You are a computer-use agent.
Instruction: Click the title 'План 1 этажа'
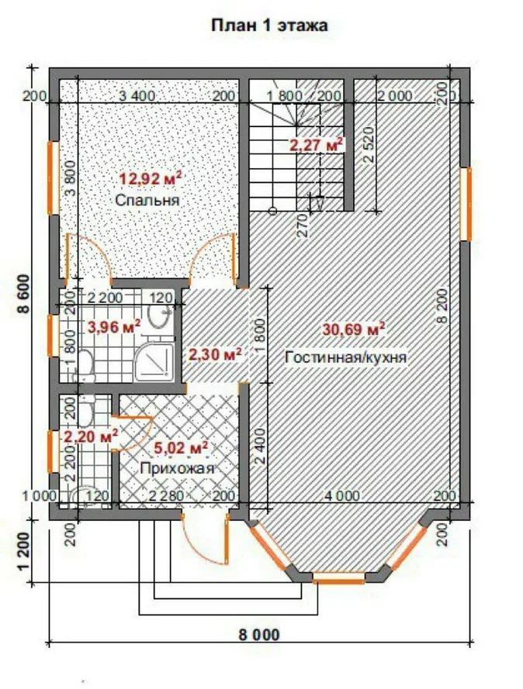(269, 25)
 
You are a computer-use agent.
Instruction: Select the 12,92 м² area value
(151, 178)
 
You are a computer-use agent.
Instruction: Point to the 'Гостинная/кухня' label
(346, 357)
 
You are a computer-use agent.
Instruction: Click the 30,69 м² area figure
(354, 329)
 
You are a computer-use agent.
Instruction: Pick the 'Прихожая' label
(177, 468)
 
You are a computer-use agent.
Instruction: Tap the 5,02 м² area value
(181, 448)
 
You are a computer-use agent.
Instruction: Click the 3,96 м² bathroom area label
(114, 326)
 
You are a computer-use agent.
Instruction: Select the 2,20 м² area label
(91, 436)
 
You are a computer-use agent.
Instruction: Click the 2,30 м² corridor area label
(215, 354)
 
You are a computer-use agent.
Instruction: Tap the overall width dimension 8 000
(259, 635)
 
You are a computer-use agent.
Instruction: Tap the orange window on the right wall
(466, 204)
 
